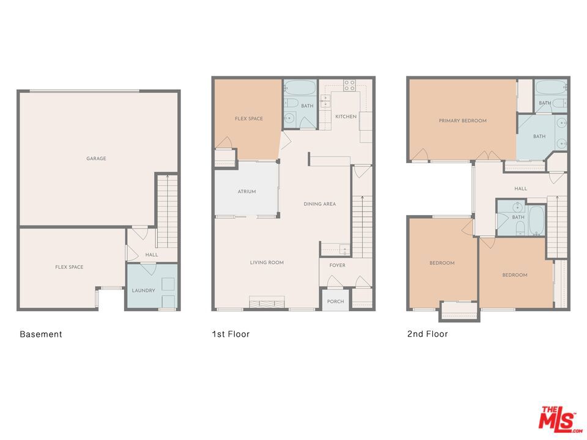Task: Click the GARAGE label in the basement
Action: [96, 159]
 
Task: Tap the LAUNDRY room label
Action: [144, 290]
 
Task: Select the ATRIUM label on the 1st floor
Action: [246, 192]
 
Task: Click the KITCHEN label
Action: [345, 117]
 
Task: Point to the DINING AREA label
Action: [320, 204]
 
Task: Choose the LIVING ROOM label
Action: [267, 263]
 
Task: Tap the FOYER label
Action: [338, 265]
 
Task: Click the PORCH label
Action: [335, 301]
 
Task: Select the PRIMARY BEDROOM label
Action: [462, 121]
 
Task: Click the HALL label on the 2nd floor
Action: [520, 189]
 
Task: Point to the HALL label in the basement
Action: [151, 255]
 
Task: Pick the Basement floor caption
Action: [41, 334]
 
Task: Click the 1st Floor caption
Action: [231, 334]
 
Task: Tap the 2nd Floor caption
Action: [427, 334]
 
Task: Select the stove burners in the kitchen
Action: [349, 86]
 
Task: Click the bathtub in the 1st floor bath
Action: [300, 87]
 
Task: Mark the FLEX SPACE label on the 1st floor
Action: [249, 119]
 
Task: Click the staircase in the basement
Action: [167, 202]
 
